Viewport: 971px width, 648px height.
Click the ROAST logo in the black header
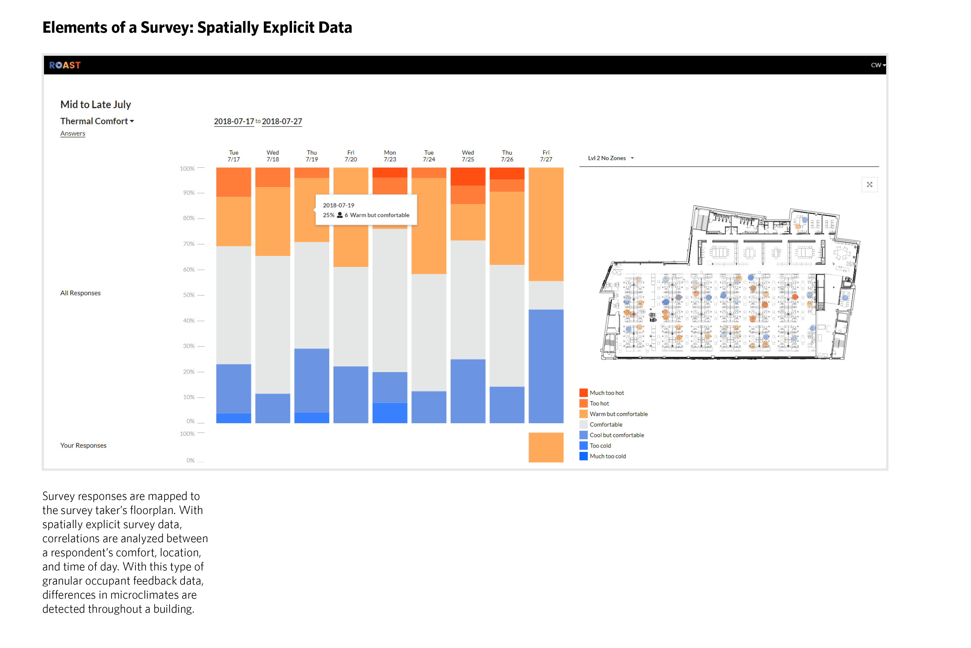tap(65, 65)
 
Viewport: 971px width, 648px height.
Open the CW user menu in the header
tap(878, 65)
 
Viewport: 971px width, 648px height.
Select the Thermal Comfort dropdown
tap(97, 121)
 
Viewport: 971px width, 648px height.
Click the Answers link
tap(73, 133)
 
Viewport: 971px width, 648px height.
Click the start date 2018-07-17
tap(234, 122)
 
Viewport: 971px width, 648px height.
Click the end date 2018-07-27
tap(282, 122)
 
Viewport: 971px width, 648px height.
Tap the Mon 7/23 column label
tap(390, 156)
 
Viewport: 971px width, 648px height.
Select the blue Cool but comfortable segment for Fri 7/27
tap(546, 366)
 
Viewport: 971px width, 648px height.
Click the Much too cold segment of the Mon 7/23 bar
tap(390, 412)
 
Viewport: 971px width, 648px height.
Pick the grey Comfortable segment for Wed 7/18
tap(273, 324)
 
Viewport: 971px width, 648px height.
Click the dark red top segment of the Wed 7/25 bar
tap(468, 177)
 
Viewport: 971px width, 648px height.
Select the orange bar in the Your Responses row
tap(546, 447)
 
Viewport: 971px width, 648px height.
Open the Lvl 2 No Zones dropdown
tap(610, 158)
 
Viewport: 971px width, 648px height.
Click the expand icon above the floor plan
tap(870, 185)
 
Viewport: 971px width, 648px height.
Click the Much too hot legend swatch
tap(583, 393)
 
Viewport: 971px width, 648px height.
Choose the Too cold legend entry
tap(600, 445)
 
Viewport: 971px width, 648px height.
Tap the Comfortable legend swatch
tap(583, 424)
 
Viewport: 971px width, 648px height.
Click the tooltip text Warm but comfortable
tap(379, 215)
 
